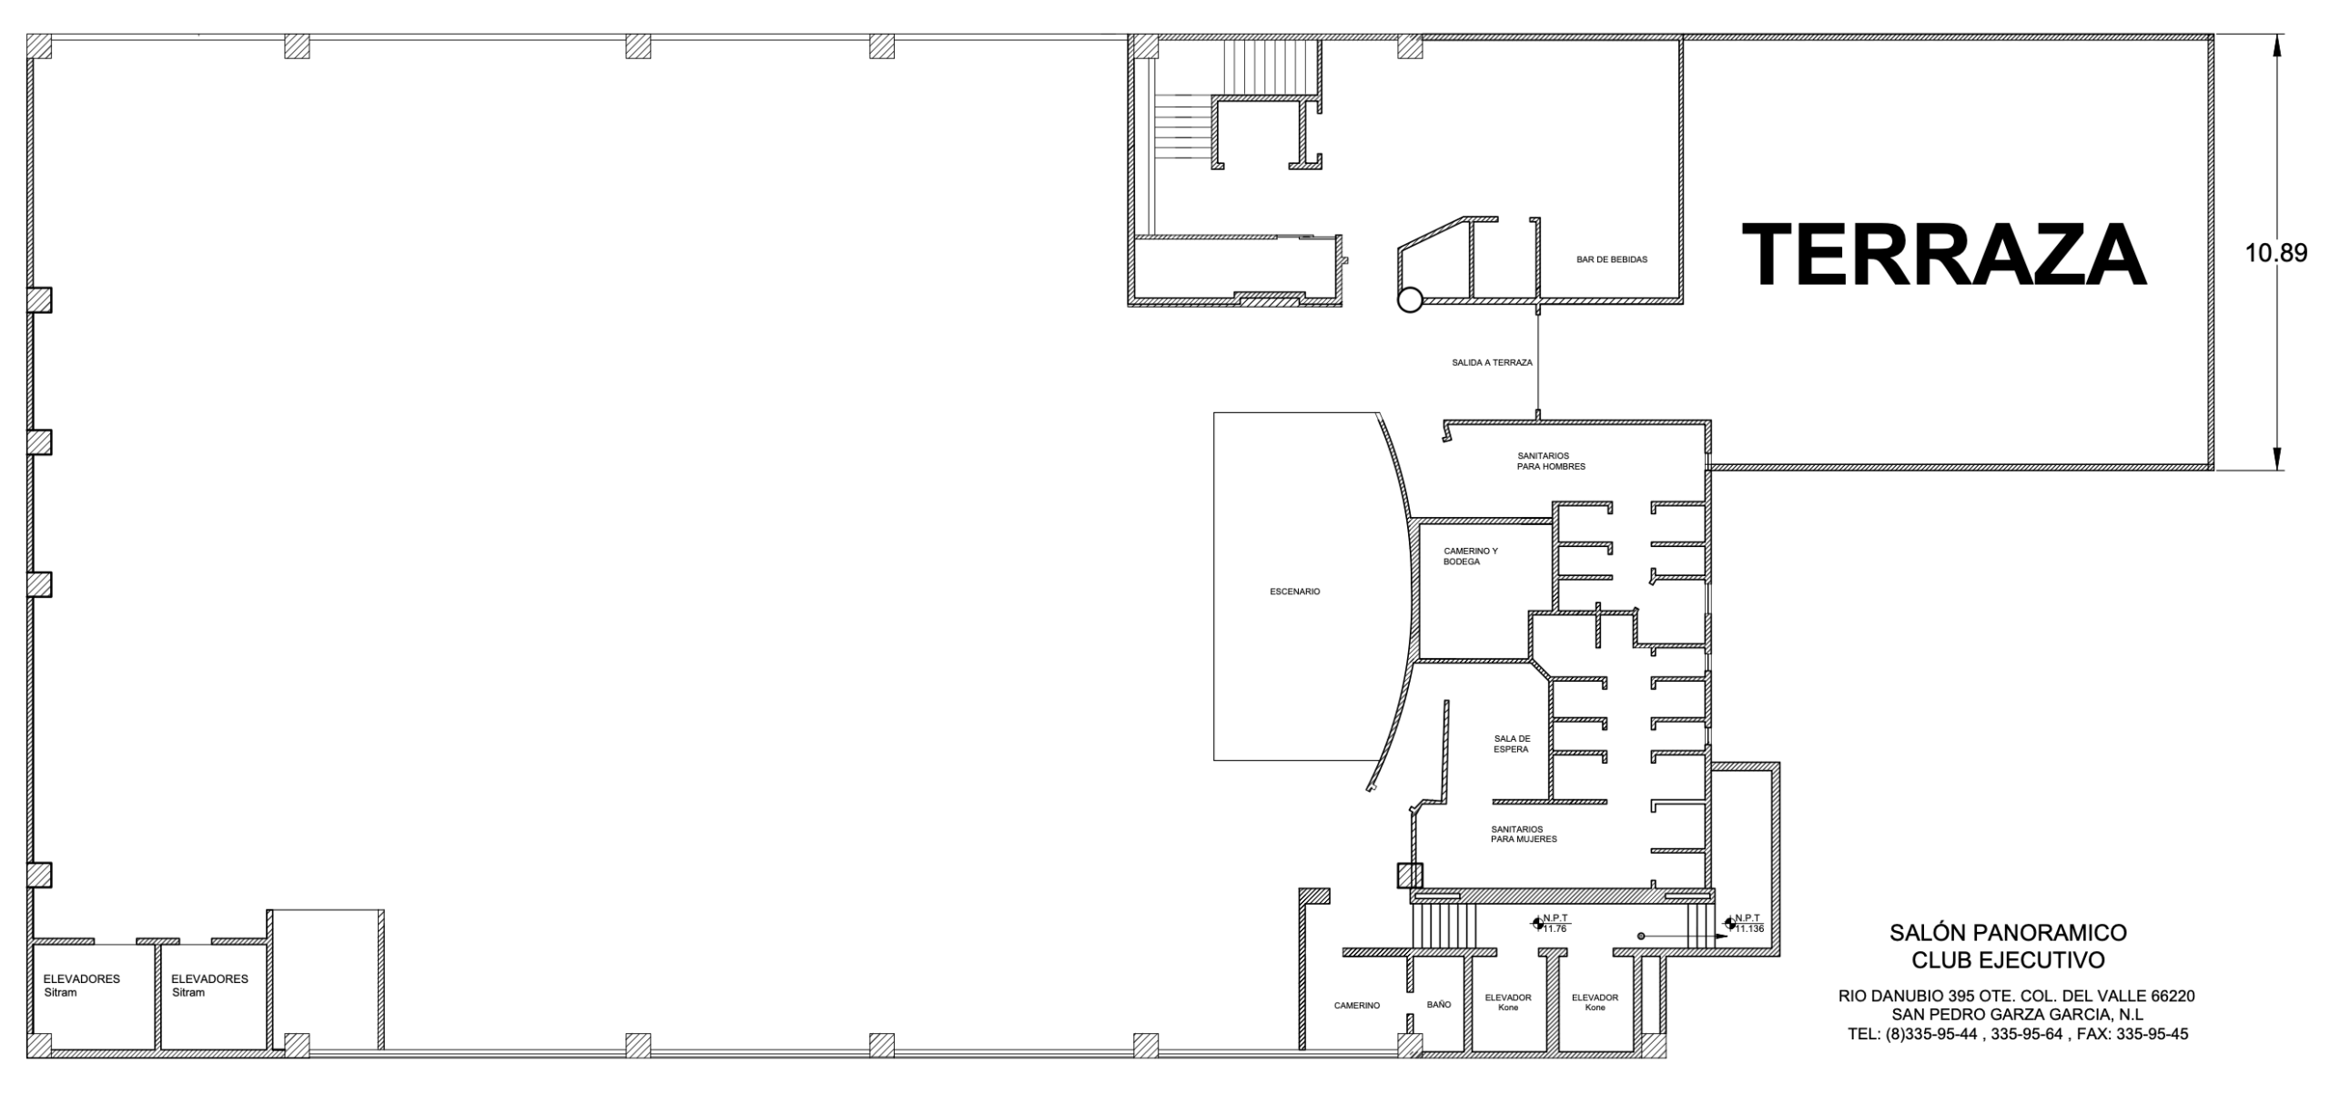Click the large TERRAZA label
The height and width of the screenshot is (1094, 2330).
(1944, 255)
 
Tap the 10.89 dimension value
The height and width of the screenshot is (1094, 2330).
(2276, 253)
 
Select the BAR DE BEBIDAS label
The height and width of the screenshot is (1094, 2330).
(1612, 259)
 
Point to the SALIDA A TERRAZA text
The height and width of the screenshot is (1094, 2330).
(1492, 362)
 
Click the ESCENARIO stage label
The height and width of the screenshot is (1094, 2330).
(1294, 592)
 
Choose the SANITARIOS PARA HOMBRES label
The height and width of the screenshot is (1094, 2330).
(1551, 461)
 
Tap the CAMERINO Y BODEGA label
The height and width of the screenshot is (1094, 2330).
(1470, 556)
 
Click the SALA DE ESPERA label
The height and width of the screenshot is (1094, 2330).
(1512, 744)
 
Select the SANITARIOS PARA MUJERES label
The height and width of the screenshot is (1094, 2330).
(1524, 834)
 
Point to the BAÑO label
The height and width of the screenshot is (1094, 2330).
(1439, 1005)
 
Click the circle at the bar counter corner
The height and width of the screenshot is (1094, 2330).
(1409, 299)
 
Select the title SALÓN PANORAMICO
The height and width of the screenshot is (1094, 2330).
(2008, 933)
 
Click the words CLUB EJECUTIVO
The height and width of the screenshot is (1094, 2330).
(2008, 960)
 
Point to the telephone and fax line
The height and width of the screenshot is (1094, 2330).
(2018, 1034)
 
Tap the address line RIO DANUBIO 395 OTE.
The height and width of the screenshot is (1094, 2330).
(2016, 997)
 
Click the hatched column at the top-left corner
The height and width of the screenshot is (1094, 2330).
(39, 46)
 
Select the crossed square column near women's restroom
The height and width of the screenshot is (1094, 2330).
(1409, 876)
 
